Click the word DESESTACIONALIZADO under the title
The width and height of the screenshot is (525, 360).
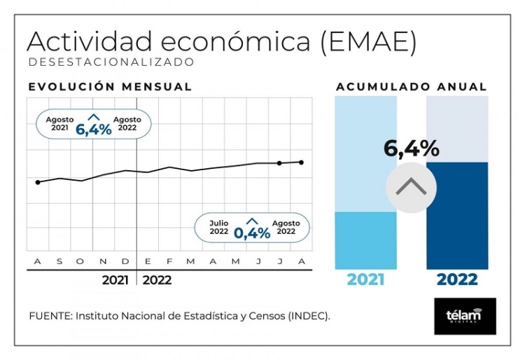tap(111, 62)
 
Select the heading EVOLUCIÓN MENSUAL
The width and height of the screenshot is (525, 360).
tap(110, 87)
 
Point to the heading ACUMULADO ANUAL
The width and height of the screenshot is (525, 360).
tap(412, 87)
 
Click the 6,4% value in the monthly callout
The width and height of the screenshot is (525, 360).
tap(94, 128)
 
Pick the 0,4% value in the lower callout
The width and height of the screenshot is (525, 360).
tap(252, 233)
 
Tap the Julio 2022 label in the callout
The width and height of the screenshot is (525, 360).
tap(219, 227)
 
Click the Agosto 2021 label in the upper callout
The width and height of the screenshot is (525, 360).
tap(60, 123)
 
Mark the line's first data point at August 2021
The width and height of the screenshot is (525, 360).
tap(38, 182)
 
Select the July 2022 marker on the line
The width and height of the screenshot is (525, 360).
tap(279, 163)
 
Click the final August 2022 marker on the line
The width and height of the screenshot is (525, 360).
tap(302, 162)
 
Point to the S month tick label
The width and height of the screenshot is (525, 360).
tap(59, 262)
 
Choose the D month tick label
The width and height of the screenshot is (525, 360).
tap(125, 262)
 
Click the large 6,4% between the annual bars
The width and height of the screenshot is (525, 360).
tap(412, 148)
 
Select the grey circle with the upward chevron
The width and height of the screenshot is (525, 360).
tap(412, 188)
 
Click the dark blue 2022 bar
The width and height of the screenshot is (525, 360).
tap(457, 224)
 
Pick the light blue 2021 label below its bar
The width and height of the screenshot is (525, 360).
tap(365, 279)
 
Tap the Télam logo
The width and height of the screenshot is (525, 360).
tap(465, 316)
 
